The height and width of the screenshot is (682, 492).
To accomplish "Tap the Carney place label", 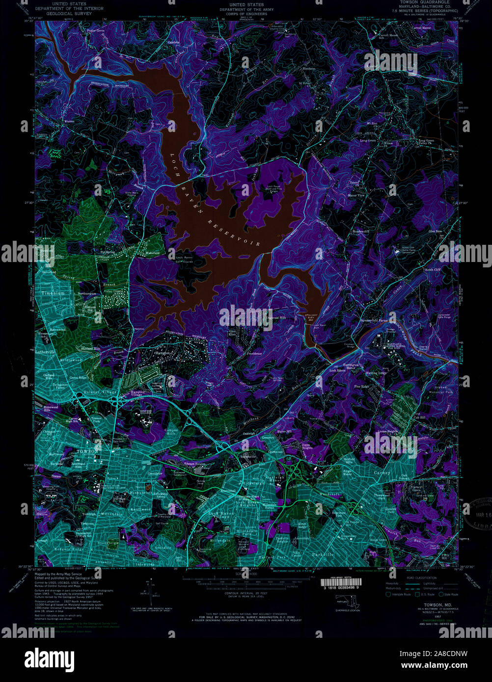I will (382, 472).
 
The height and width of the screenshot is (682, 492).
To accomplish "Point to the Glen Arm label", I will (435, 231).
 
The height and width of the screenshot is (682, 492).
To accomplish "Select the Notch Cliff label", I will (433, 270).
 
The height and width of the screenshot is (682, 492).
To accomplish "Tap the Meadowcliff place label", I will (361, 231).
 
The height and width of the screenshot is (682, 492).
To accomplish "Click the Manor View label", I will (356, 195).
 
